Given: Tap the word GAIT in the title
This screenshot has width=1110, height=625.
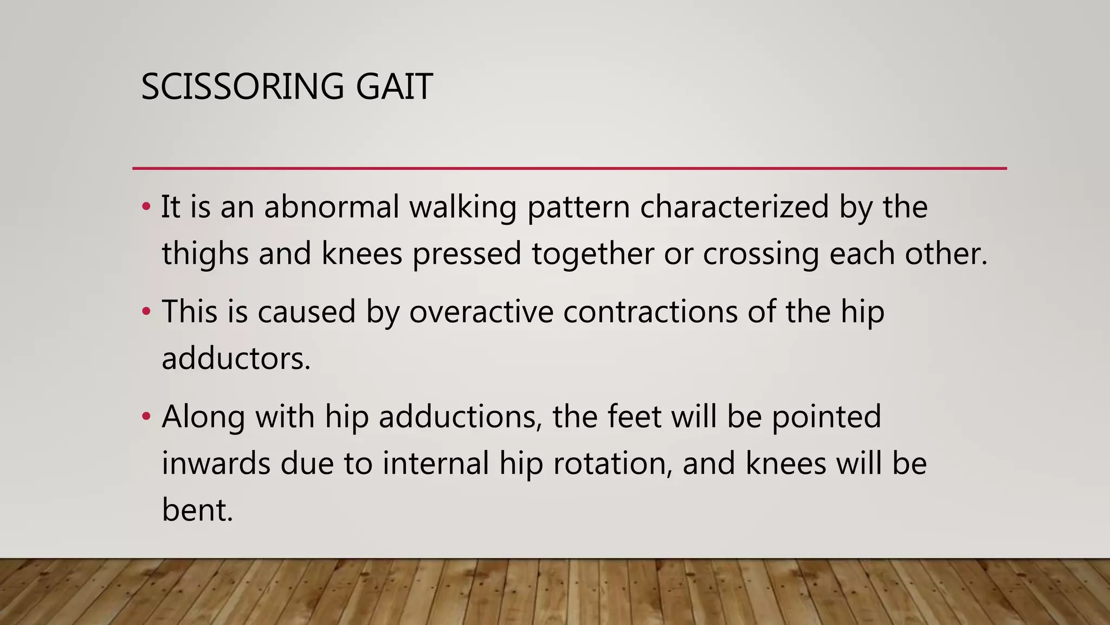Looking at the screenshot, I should tap(394, 87).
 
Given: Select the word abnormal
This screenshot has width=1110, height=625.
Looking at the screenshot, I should tap(331, 207).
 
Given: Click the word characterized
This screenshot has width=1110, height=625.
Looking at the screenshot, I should tap(734, 207).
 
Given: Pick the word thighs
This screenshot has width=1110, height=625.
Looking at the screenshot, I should tap(205, 254).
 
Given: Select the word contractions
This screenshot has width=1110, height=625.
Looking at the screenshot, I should tap(650, 312).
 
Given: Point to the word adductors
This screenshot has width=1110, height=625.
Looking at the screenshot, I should tap(236, 359).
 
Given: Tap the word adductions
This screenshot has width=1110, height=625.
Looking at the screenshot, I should tap(460, 417).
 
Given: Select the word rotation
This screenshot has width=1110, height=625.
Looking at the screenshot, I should tap(613, 464).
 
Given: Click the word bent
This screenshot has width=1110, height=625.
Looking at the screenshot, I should tap(197, 511).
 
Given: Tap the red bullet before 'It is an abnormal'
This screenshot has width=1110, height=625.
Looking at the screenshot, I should tap(145, 207).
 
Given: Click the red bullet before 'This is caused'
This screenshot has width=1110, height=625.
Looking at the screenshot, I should tap(145, 312).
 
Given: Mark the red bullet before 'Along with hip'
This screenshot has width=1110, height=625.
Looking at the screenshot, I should tap(145, 417).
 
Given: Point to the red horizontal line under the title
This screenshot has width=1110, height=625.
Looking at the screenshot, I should tap(569, 169).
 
